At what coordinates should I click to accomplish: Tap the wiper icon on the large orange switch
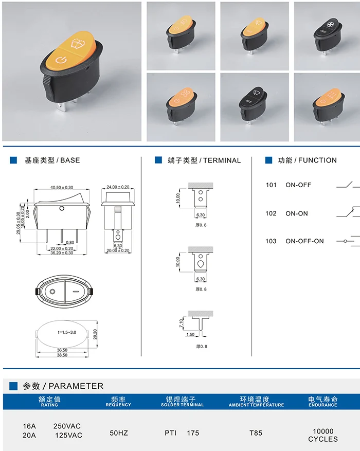[x=79, y=44]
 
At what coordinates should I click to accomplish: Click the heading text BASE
[x=70, y=160]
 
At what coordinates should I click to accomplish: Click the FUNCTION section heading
[x=317, y=160]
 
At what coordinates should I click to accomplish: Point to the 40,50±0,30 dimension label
[x=62, y=187]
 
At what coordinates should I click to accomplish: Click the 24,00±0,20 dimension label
[x=118, y=187]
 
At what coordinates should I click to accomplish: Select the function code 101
[x=271, y=185]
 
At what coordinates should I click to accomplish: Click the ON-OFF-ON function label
[x=304, y=241]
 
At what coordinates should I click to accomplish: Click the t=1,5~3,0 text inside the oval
[x=67, y=332]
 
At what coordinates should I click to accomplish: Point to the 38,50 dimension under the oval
[x=62, y=355]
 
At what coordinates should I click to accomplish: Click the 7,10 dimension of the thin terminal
[x=181, y=323]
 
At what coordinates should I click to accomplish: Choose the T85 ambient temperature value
[x=256, y=433]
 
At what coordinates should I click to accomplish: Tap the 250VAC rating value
[x=67, y=426]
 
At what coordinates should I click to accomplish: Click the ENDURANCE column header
[x=323, y=405]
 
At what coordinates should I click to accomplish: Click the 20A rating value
[x=29, y=436]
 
